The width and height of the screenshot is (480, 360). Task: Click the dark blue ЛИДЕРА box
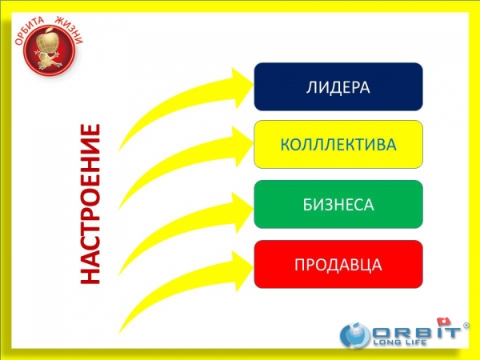click(x=338, y=86)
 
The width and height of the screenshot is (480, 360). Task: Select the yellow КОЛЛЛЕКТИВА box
click(x=338, y=144)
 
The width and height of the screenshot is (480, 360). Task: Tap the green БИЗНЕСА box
click(x=338, y=204)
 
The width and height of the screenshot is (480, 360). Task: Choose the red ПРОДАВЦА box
click(x=338, y=264)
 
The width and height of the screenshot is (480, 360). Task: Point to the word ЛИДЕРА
click(x=338, y=87)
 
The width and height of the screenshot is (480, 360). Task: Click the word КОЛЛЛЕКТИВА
click(x=338, y=145)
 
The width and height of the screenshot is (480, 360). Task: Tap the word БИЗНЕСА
click(x=338, y=205)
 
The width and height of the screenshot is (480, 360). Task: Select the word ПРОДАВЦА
click(x=338, y=265)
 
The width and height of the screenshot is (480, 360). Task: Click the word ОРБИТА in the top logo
click(x=30, y=30)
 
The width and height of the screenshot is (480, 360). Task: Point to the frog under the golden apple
click(x=48, y=60)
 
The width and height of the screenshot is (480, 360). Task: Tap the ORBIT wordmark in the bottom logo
click(x=416, y=332)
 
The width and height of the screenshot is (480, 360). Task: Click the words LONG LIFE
click(x=399, y=342)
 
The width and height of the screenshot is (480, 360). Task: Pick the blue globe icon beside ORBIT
click(x=355, y=335)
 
